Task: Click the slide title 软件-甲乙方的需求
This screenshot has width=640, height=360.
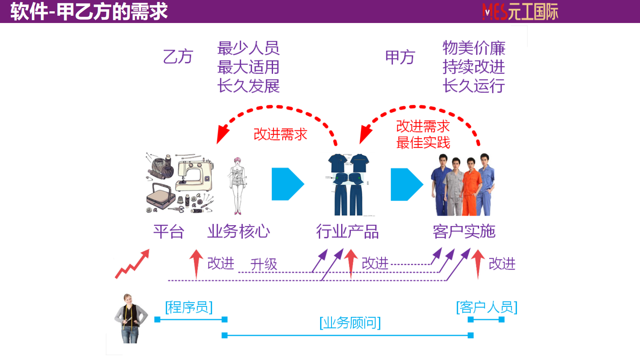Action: click(x=89, y=11)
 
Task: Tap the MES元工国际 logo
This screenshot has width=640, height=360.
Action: click(x=520, y=12)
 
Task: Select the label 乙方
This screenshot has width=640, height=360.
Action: click(x=178, y=57)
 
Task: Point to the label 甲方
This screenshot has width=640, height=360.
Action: click(x=400, y=57)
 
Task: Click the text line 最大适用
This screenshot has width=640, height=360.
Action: click(x=248, y=67)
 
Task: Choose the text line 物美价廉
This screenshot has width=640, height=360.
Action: click(x=473, y=48)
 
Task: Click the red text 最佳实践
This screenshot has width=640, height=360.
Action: click(x=423, y=142)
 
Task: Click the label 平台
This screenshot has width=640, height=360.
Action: click(x=169, y=232)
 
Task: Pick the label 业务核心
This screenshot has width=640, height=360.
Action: click(x=238, y=232)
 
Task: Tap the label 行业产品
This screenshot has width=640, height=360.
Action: click(x=347, y=232)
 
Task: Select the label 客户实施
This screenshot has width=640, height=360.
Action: click(x=464, y=232)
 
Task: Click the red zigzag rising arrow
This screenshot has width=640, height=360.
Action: click(x=132, y=264)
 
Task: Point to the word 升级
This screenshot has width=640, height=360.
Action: click(x=263, y=264)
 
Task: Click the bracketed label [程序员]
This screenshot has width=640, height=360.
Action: click(x=189, y=307)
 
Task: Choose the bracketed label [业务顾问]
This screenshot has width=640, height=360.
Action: click(x=350, y=322)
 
